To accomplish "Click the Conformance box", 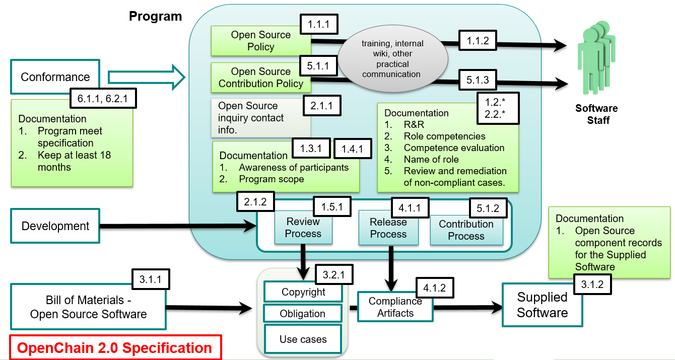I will [x=55, y=77].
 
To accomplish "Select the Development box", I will [x=55, y=226].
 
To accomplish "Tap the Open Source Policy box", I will [x=260, y=41].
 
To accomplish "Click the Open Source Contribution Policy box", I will [x=260, y=78].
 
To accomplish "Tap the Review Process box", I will [x=303, y=228].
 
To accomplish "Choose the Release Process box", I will [x=388, y=228].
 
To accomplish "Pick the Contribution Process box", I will [x=466, y=230].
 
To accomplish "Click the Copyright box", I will [x=303, y=292].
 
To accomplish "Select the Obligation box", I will [x=303, y=314].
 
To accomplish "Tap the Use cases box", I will [x=303, y=339].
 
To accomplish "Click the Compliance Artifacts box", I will [x=395, y=307].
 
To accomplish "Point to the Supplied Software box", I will [x=542, y=305].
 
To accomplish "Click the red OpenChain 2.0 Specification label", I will [x=115, y=348].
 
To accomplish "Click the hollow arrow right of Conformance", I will [x=144, y=77].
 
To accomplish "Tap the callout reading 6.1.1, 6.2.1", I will [x=106, y=99].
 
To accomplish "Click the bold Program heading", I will [x=155, y=16].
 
